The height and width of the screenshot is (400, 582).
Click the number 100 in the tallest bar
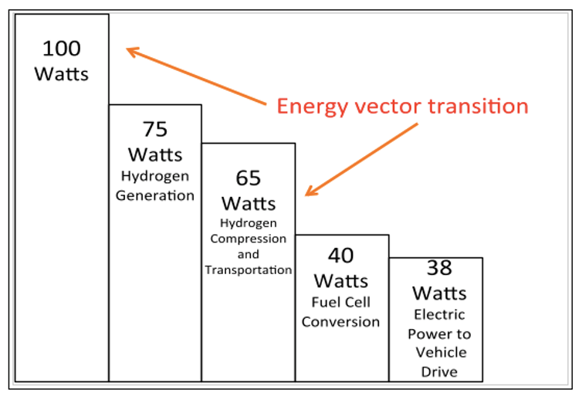[x=62, y=49]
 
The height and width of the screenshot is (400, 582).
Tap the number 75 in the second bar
[x=155, y=128]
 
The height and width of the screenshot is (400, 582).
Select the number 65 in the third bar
[x=249, y=178]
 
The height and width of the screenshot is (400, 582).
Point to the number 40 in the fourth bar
[x=340, y=255]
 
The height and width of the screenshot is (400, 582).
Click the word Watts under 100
[x=62, y=74]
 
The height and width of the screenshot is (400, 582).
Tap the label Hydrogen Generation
[x=155, y=185]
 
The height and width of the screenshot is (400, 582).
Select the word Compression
[x=249, y=238]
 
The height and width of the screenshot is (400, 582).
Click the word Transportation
[x=249, y=269]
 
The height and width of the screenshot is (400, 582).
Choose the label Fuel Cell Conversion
[x=340, y=313]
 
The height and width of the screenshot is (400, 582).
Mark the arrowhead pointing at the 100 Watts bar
[x=132, y=52]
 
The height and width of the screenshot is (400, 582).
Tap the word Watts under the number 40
[x=340, y=280]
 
